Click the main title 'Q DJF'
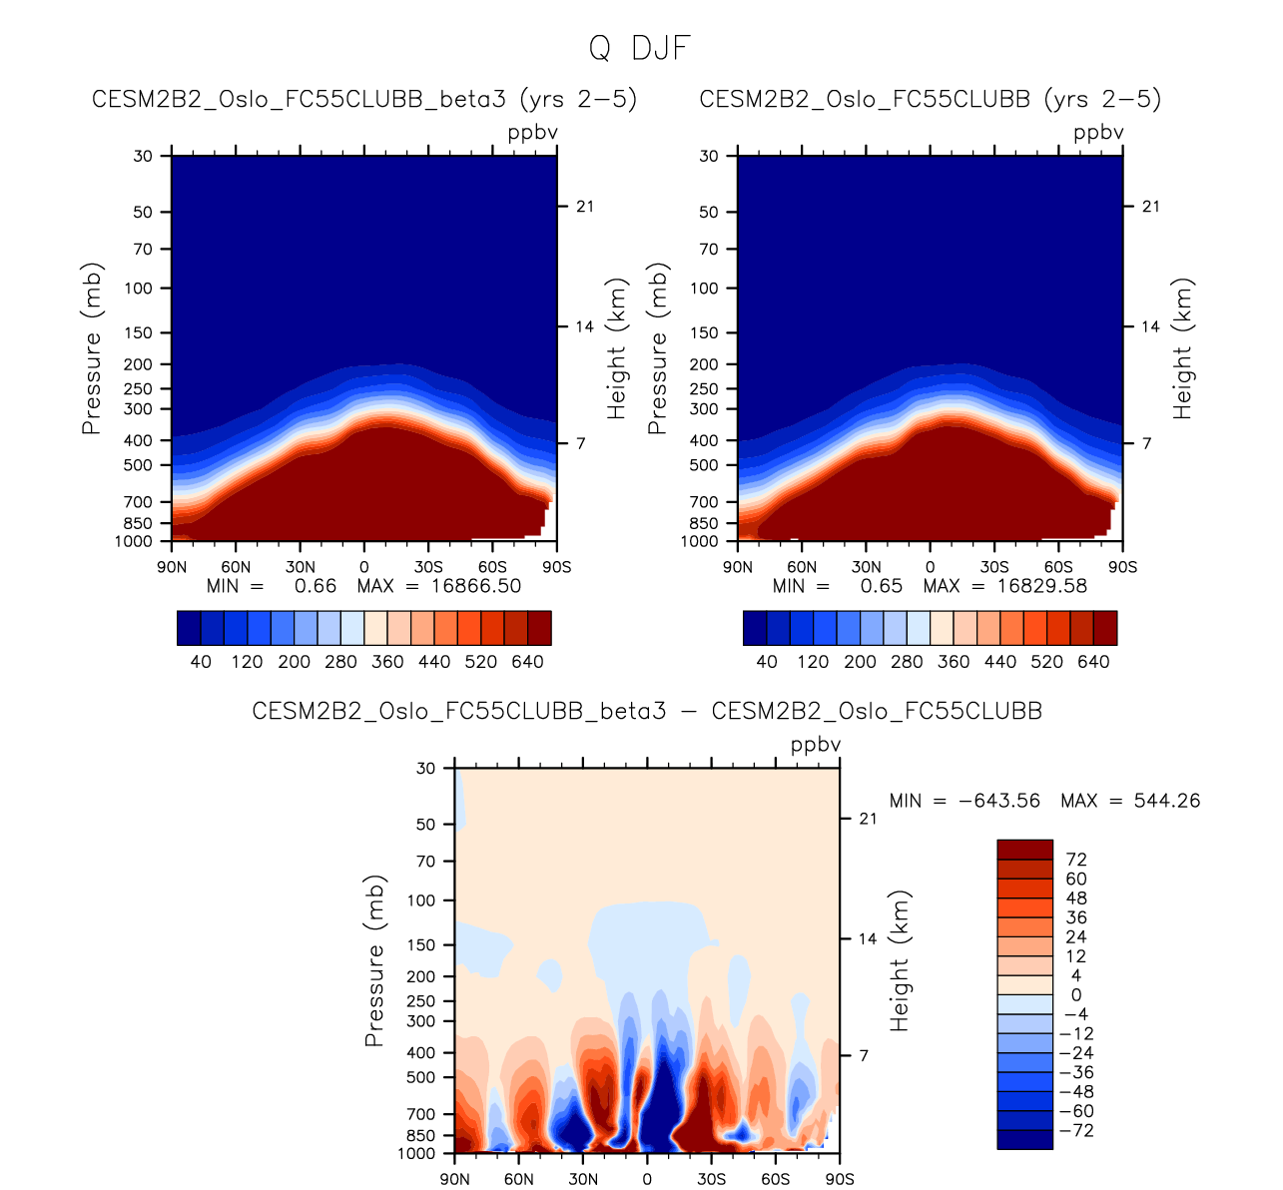click(640, 48)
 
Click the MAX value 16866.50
click(476, 586)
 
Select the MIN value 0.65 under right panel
click(882, 586)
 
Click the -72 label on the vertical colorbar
click(1078, 1131)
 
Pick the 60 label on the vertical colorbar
click(1076, 880)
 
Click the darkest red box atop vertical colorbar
click(1024, 850)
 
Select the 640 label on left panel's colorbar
click(527, 662)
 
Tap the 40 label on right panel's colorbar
click(767, 662)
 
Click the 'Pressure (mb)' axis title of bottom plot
click(375, 961)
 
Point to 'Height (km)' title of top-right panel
click(1183, 348)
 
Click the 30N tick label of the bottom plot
click(583, 1179)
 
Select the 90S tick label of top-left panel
click(556, 567)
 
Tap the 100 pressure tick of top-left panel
click(140, 289)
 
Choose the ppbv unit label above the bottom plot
click(816, 746)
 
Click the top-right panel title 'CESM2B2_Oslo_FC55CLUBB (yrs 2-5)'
click(931, 100)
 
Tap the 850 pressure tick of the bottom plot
click(422, 1136)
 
